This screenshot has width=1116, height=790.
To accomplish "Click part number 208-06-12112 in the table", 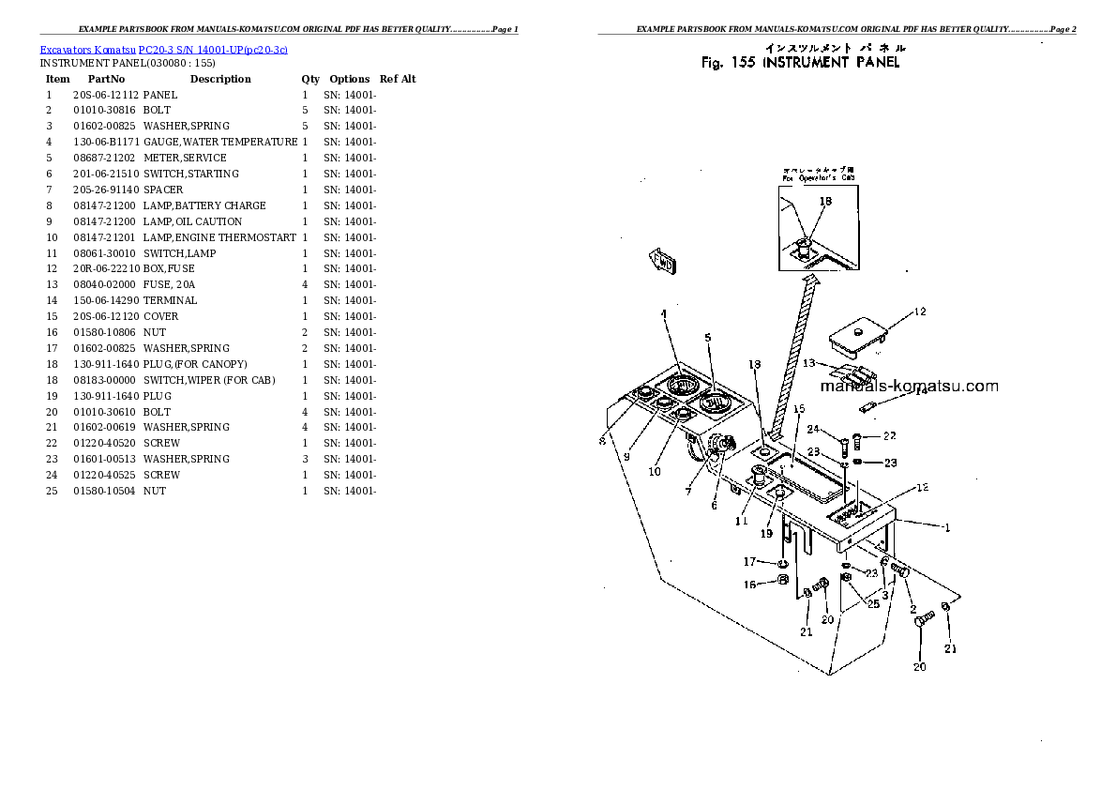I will [x=105, y=95].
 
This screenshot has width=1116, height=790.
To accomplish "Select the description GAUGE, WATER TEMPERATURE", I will [x=220, y=142].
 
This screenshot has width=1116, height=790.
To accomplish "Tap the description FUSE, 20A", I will [x=169, y=284].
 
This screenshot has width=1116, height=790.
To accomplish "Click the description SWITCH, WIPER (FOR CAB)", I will [x=210, y=380].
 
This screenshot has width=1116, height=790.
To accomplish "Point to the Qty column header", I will [x=309, y=79].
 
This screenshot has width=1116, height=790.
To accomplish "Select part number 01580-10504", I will [x=105, y=491].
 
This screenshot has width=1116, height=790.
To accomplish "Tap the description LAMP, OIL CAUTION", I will [x=192, y=221].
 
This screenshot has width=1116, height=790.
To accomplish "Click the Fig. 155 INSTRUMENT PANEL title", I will [x=800, y=63].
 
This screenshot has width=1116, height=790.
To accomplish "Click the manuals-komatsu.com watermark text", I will [x=909, y=386].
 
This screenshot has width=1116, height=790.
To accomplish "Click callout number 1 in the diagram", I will [x=947, y=527].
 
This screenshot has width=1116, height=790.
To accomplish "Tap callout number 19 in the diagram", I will [x=766, y=533].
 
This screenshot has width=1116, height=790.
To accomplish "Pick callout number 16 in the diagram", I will [x=749, y=585].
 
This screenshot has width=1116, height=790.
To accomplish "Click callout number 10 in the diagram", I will [x=655, y=471].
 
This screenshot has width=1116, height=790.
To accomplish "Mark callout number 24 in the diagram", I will [x=814, y=430].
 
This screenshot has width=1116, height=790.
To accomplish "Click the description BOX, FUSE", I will [x=169, y=268].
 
